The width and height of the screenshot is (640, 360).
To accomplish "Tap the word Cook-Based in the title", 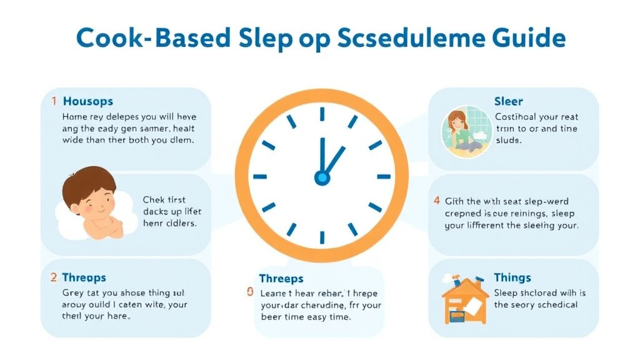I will [x=152, y=38].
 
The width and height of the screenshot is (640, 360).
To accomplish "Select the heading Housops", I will [x=88, y=101].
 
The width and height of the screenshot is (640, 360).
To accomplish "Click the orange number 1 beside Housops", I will [x=54, y=101].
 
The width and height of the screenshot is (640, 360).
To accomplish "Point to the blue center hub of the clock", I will [x=322, y=177].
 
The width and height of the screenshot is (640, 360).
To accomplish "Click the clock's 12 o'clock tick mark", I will [x=322, y=114].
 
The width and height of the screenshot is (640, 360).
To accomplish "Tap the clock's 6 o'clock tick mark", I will [x=322, y=238].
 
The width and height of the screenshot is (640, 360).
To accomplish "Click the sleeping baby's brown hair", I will [x=90, y=181].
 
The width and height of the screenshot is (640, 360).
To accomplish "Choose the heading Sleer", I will [x=508, y=101].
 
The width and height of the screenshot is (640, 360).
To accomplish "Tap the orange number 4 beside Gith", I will [x=436, y=201].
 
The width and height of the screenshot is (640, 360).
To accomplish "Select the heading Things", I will [x=512, y=277].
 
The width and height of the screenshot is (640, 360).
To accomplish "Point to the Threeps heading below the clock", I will [x=281, y=279].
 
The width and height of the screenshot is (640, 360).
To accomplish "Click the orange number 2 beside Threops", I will [x=54, y=277].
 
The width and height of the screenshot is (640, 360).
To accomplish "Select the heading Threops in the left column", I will [x=84, y=277].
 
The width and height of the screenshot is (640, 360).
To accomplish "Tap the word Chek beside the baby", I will [x=154, y=200].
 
